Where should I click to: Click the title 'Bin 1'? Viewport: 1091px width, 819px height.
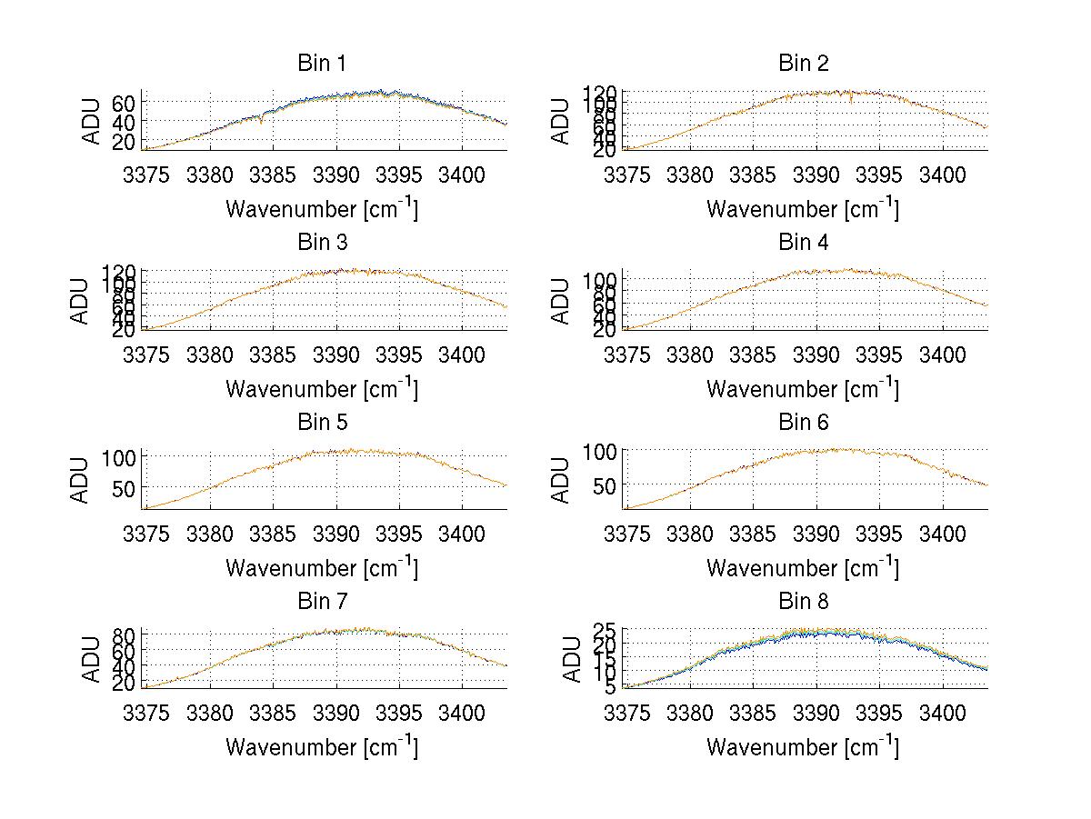click(321, 64)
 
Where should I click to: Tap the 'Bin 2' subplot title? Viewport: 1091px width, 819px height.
click(803, 64)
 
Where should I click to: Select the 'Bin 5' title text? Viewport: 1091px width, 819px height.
click(321, 423)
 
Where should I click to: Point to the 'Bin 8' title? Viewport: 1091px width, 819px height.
click(803, 602)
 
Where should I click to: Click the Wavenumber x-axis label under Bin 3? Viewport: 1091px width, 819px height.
click(321, 389)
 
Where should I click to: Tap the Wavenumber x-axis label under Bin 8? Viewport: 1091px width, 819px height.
click(803, 748)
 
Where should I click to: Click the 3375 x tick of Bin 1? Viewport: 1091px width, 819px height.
click(146, 174)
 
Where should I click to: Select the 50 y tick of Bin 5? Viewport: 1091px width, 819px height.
click(125, 487)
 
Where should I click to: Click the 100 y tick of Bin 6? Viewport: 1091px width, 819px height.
click(601, 452)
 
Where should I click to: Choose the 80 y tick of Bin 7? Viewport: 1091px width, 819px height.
click(125, 634)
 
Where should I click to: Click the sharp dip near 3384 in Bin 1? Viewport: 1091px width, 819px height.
click(261, 122)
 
